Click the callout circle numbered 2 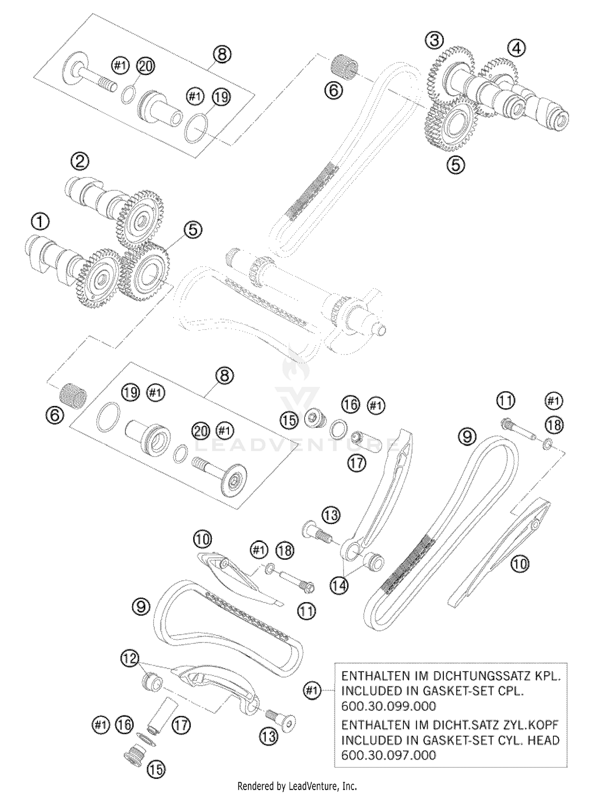point(80,161)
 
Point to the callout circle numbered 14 point(340,586)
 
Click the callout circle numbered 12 point(130,658)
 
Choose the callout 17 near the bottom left point(181,725)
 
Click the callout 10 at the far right point(519,564)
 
